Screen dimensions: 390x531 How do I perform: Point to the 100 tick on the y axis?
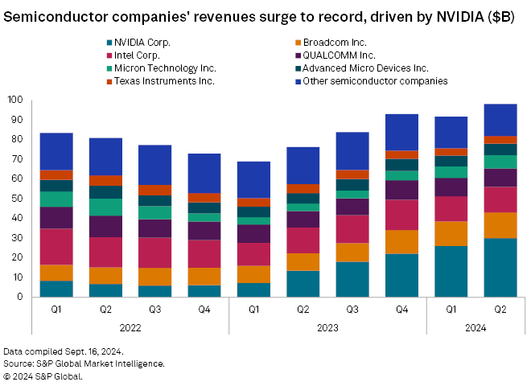click(15, 101)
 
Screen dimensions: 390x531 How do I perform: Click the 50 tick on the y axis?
click(18, 199)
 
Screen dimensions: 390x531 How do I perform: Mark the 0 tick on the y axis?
click(20, 298)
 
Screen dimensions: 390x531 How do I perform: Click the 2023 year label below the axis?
click(327, 326)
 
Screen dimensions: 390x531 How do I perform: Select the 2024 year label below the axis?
click(475, 326)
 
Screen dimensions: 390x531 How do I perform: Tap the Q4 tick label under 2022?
click(204, 309)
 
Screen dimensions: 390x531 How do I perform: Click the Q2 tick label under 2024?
click(500, 309)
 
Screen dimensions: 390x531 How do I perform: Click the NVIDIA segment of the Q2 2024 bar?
click(500, 268)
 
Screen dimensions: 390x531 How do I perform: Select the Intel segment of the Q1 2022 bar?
click(56, 247)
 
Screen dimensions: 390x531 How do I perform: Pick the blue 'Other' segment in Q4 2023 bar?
click(401, 133)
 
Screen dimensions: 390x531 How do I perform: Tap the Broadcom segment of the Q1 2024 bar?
click(451, 233)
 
